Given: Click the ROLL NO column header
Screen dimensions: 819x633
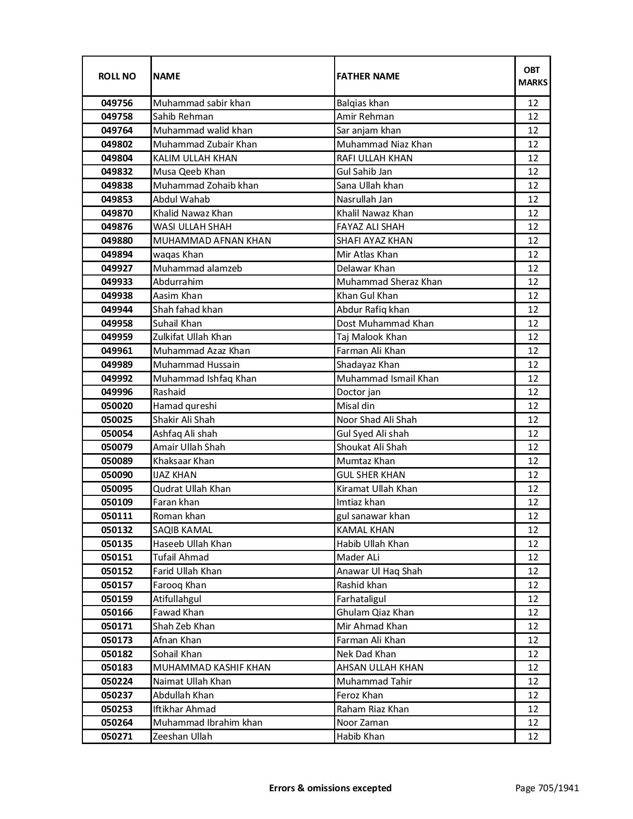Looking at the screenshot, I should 117,76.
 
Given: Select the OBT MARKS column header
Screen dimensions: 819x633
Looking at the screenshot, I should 533,76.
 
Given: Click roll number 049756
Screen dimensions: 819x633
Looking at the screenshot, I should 117,103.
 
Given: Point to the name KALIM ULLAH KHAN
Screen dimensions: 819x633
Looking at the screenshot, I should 195,158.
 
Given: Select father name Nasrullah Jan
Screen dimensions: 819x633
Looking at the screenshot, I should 364,200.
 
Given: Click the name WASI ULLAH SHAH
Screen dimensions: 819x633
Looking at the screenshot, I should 192,227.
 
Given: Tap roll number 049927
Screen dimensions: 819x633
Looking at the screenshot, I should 117,269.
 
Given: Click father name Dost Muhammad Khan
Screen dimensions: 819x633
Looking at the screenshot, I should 385,324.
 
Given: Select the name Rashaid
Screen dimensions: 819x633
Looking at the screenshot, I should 169,392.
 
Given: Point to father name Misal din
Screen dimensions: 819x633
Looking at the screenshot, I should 355,406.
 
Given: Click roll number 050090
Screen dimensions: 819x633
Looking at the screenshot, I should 117,475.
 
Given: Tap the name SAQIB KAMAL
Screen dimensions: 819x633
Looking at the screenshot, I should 182,530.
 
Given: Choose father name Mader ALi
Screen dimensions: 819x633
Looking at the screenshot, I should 358,557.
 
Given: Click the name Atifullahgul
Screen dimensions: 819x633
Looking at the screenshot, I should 177,599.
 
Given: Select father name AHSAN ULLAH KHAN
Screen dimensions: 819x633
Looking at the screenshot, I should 380,668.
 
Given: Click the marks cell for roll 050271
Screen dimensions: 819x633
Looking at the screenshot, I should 533,737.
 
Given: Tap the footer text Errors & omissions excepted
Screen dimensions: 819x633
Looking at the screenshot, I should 330,788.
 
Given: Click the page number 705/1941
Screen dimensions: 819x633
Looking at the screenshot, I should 547,788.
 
